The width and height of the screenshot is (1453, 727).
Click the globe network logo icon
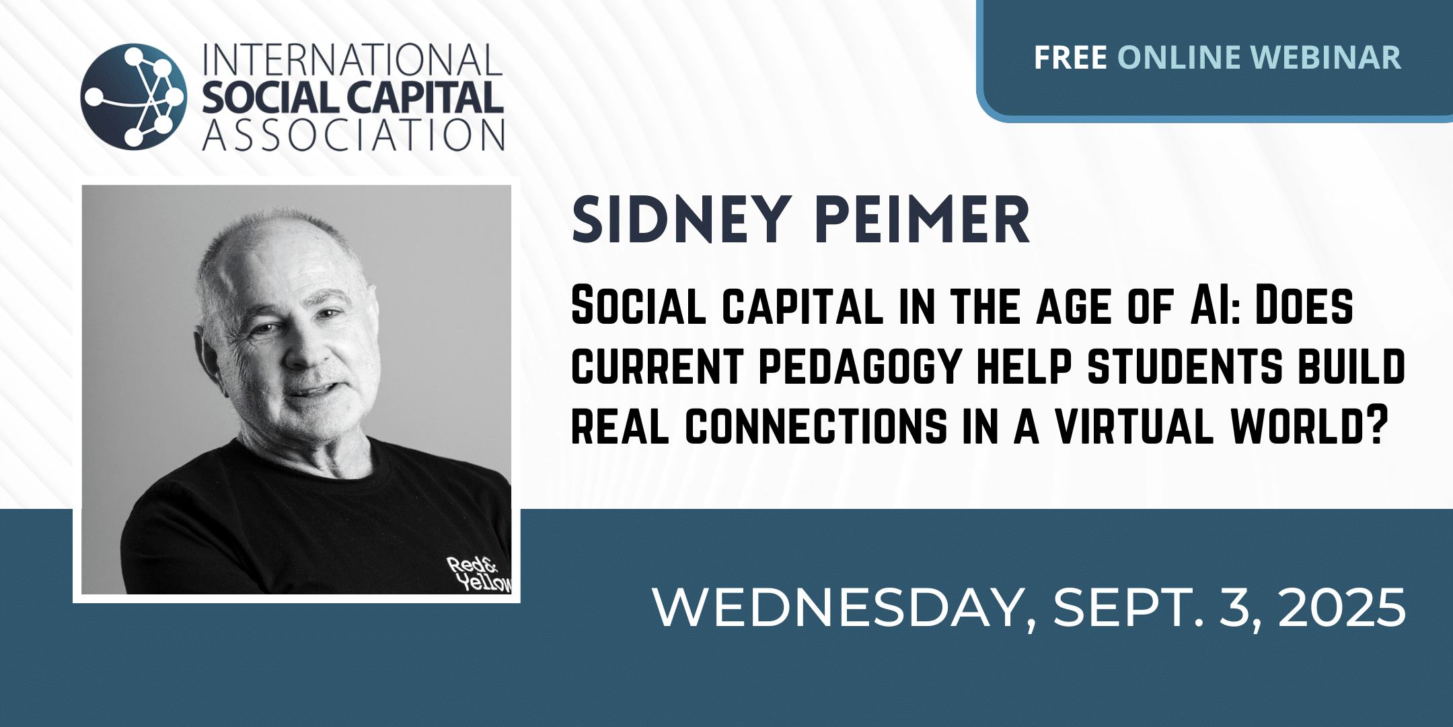tap(134, 96)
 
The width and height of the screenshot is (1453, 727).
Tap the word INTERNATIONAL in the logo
tap(352, 60)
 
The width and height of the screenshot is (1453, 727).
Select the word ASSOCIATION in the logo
tap(354, 135)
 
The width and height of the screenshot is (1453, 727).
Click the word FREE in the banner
tap(1070, 57)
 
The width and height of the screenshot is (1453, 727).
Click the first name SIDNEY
tap(680, 219)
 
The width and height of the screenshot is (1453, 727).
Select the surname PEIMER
tap(922, 219)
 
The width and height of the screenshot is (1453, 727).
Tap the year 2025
tap(1342, 607)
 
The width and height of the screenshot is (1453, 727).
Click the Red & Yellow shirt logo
tap(480, 574)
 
